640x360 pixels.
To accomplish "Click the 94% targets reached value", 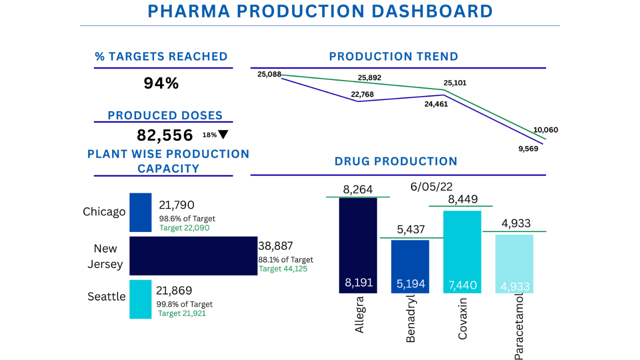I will tap(161, 83).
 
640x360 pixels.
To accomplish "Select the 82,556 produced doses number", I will tap(165, 135).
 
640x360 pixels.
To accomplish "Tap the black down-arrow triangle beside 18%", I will tap(223, 135).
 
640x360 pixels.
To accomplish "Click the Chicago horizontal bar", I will tap(140, 212).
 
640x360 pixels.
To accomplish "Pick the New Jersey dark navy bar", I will tap(193, 255).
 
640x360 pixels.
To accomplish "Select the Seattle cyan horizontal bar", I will tap(140, 299).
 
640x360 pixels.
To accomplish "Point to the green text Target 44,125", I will tap(283, 269).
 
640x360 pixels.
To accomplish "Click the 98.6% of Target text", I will tap(187, 218).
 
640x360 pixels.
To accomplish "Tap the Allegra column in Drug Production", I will tap(358, 245).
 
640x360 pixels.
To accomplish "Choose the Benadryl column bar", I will tap(410, 266).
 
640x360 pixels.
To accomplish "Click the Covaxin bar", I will tap(462, 251).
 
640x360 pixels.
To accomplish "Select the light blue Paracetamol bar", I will tap(514, 263).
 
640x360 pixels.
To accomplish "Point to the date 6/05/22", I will tap(431, 186).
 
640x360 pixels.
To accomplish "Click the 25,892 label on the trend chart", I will tap(369, 78).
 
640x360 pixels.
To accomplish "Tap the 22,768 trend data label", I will tap(362, 94).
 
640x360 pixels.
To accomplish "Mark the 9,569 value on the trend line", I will tap(528, 148).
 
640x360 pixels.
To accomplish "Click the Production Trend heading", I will tap(393, 56).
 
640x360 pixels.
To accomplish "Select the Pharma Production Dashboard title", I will tap(320, 11).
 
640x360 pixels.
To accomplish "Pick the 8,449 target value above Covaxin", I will tap(462, 199).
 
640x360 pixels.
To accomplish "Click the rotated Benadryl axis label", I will tap(410, 318).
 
